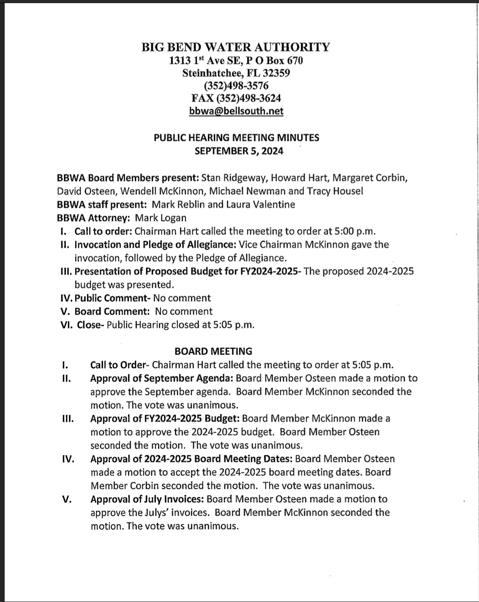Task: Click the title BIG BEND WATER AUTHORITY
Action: pos(236,47)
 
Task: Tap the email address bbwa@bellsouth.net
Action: pos(236,111)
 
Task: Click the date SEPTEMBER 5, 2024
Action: pos(239,151)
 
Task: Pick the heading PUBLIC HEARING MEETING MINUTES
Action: pos(236,137)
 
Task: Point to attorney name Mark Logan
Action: pos(161,218)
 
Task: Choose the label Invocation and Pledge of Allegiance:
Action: pos(155,244)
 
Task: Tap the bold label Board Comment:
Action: pos(112,312)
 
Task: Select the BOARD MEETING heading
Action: pos(213,351)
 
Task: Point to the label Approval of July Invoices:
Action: pos(147,499)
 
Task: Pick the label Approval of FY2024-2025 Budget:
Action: pos(165,419)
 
